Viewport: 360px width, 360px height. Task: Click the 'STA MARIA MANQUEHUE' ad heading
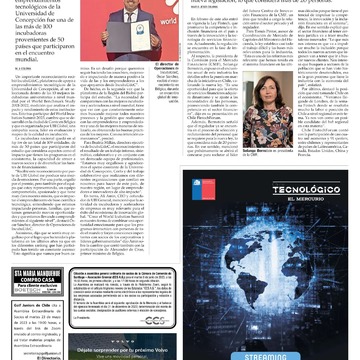click(x=37, y=272)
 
